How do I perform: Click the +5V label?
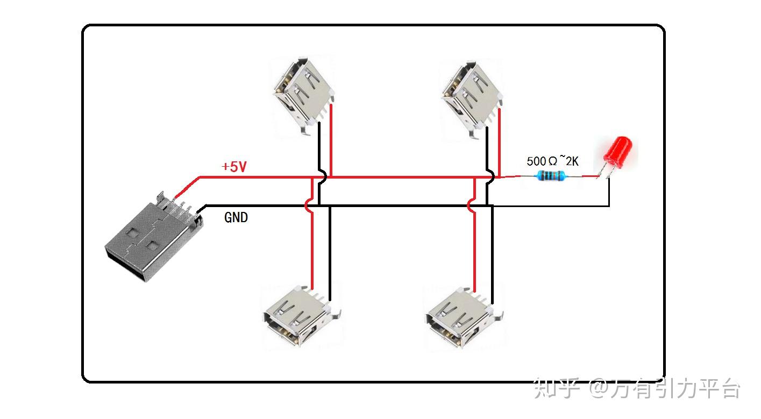(x=234, y=167)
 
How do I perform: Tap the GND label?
(x=236, y=217)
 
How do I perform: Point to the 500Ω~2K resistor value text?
(x=553, y=161)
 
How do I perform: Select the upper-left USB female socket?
(x=303, y=96)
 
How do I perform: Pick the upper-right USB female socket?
(x=472, y=98)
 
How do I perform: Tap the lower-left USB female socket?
(x=302, y=316)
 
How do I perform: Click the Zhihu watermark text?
(x=637, y=388)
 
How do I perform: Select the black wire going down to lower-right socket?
(x=492, y=255)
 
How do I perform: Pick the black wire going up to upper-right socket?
(x=487, y=167)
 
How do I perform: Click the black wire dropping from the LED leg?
(x=609, y=191)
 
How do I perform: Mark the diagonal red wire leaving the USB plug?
(x=187, y=187)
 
